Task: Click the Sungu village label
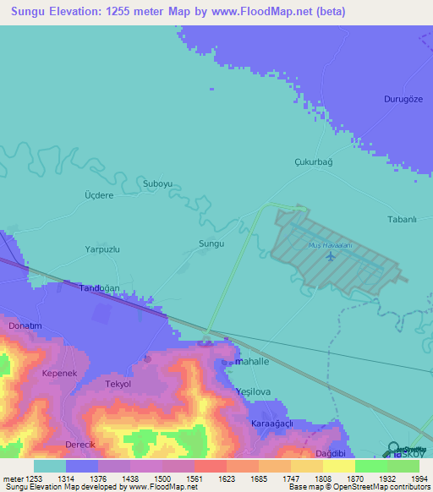click(211, 243)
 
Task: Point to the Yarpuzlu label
click(102, 250)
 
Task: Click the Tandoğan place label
click(101, 288)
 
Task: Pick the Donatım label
click(25, 325)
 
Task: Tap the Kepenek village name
click(59, 373)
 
